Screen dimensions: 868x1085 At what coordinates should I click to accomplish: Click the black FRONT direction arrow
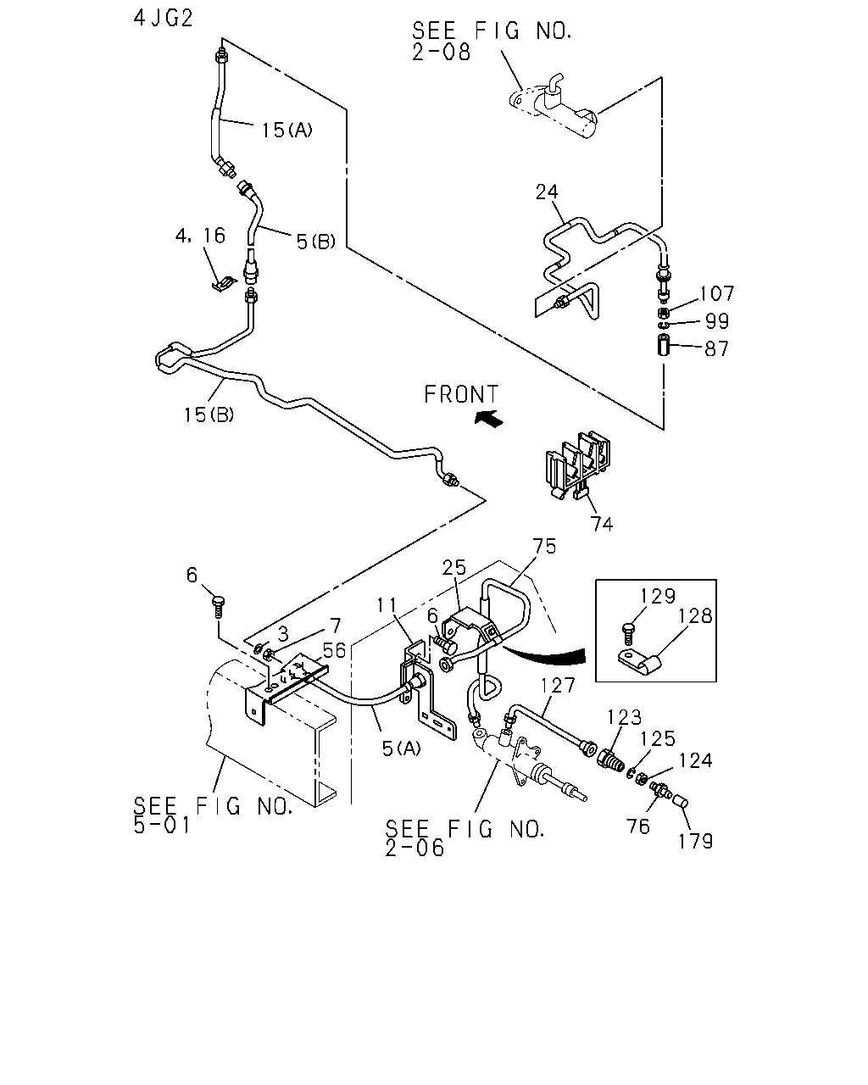pos(489,418)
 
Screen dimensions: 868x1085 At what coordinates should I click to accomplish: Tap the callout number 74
pos(602,525)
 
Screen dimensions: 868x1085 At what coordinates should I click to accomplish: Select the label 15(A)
pos(287,130)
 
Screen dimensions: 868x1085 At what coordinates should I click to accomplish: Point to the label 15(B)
pos(209,415)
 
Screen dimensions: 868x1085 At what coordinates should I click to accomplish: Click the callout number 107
pos(716,293)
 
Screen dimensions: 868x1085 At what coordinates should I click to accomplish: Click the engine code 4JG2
pos(163,19)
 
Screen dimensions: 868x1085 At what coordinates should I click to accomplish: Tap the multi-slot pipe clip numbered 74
pos(578,465)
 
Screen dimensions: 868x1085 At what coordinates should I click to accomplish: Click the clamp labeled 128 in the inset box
pos(639,664)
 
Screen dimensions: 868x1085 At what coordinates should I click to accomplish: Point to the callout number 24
pos(547,192)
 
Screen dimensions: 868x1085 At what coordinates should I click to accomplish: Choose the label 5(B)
pos(315,242)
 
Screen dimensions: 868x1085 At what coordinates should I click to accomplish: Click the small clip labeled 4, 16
pos(224,284)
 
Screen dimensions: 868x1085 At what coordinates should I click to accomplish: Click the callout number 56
pos(334,651)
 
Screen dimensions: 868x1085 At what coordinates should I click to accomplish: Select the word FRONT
pos(461,394)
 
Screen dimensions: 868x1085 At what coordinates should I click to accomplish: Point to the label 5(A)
pos(402,748)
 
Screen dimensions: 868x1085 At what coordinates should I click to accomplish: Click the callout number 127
pos(558,685)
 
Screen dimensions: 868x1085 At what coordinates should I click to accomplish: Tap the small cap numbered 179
pos(681,801)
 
